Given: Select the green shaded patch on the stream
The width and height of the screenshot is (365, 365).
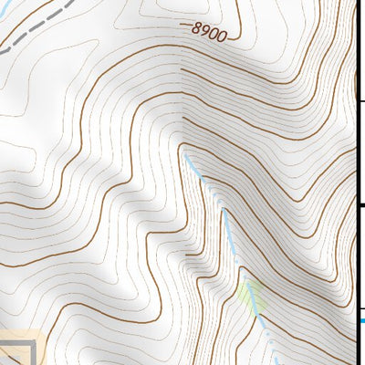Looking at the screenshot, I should pos(250,294).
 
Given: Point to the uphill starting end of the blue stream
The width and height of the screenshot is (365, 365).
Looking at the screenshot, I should pos(186,155).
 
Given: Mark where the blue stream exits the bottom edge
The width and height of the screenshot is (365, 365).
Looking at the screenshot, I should pos(274,363).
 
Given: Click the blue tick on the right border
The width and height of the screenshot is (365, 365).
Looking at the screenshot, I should pos(360,320).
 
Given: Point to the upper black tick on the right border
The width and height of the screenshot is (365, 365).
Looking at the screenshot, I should pos(360,101).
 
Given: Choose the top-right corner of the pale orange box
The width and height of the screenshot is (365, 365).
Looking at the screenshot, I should pos(45,330).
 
